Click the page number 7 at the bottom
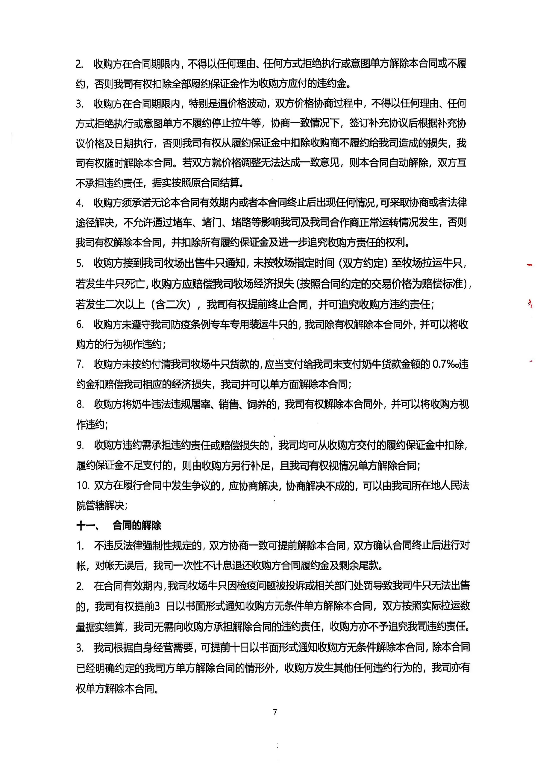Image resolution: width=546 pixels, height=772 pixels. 275,712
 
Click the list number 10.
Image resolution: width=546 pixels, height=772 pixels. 82,485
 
